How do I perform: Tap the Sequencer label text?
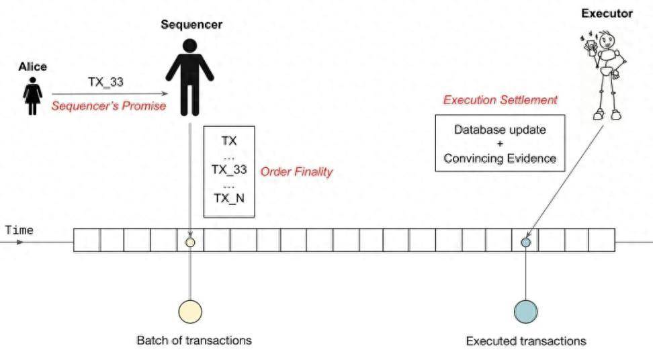coord(191,25)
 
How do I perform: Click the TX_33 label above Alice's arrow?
coord(105,83)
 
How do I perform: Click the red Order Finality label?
coord(296,172)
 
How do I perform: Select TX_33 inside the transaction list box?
coord(229,169)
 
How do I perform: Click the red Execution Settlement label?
coord(500,100)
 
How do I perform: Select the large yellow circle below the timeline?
coord(190,312)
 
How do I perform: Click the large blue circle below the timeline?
coord(525,312)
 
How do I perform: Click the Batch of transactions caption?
coord(194,340)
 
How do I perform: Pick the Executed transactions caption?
coord(526,341)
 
